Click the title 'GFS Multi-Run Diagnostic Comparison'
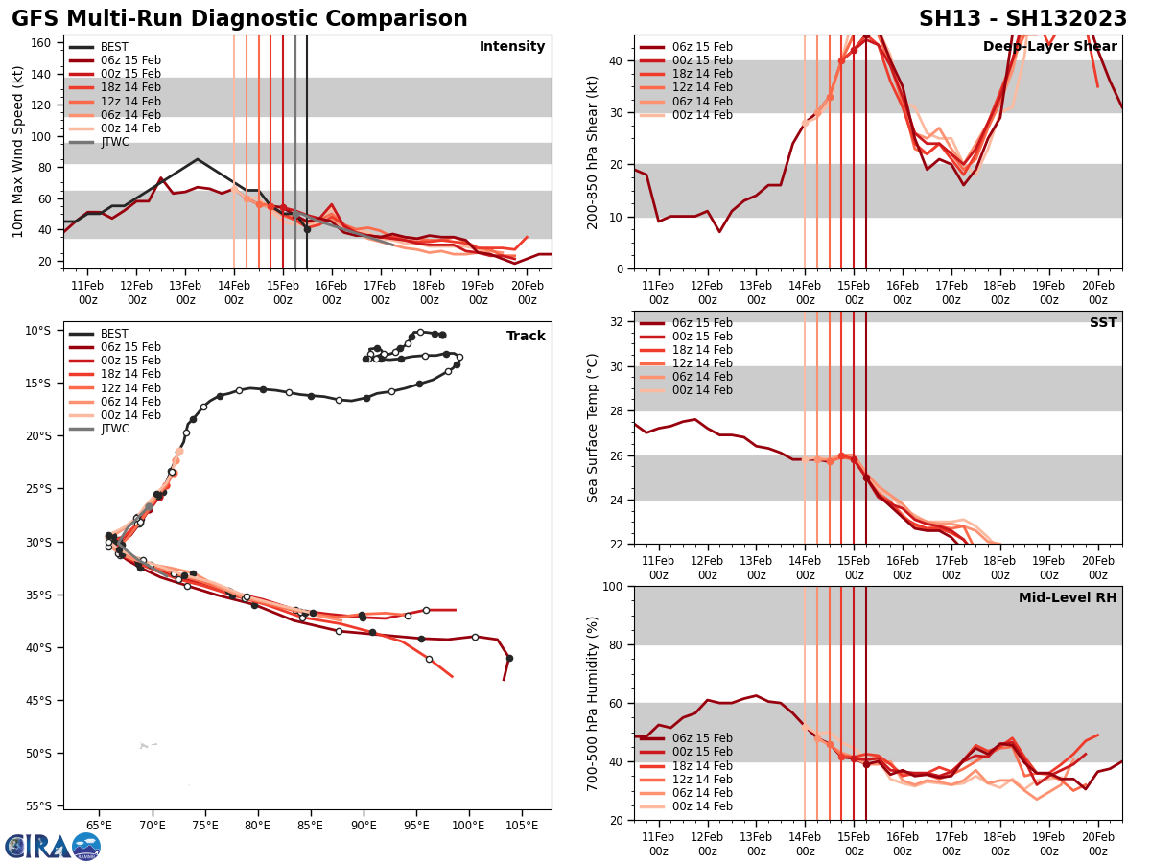[240, 19]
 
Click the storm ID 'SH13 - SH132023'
[1022, 19]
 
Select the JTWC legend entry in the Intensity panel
[114, 142]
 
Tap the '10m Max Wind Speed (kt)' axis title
[18, 152]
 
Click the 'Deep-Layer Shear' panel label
[1049, 47]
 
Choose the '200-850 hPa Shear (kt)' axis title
[593, 152]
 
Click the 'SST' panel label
[1102, 323]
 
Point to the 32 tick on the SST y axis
[619, 322]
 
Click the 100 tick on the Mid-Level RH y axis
[615, 586]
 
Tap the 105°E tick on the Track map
[521, 826]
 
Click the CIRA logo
[53, 846]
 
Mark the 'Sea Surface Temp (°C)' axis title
[593, 428]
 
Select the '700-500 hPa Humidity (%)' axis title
[593, 703]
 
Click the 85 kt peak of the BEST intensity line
[197, 159]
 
